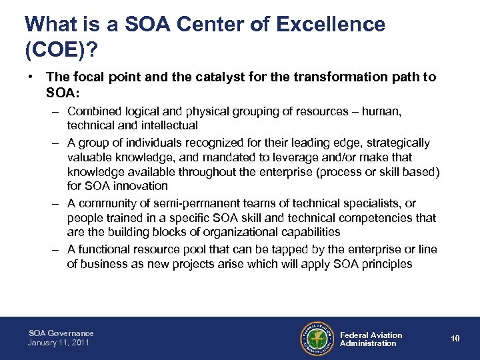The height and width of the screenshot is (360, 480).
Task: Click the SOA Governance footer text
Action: coord(61,333)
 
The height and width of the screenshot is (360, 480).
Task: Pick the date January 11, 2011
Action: coord(59,343)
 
